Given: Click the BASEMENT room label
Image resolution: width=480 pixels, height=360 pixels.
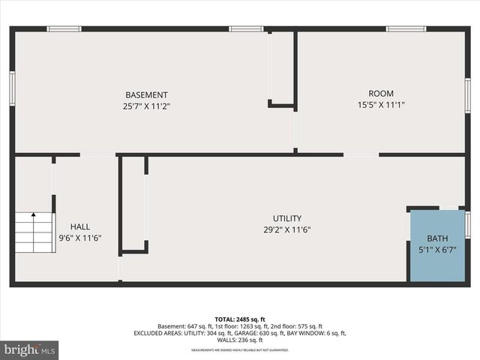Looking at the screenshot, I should (146, 94).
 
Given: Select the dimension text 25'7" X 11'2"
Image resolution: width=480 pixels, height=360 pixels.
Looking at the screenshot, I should (146, 106).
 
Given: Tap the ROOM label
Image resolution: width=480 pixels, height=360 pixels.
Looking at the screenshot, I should (381, 93).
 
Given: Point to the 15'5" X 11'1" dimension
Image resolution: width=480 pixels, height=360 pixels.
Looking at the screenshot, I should (381, 105).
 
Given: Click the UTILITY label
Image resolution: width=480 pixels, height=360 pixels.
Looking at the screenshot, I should (286, 218).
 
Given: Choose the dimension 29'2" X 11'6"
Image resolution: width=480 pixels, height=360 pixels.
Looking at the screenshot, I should (286, 230).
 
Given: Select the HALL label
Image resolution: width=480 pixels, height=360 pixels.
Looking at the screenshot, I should (80, 226).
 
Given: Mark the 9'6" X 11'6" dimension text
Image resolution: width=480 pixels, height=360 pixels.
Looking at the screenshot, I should (80, 238).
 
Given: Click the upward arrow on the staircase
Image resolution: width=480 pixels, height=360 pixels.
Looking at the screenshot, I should (33, 217).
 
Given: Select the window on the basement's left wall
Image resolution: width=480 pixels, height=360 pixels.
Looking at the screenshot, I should (12, 87).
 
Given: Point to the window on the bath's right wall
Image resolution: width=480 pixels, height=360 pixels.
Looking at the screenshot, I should (467, 223).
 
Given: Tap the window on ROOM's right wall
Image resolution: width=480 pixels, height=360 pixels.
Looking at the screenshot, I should (467, 95).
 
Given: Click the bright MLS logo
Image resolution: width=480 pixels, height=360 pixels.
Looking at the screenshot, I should (30, 349).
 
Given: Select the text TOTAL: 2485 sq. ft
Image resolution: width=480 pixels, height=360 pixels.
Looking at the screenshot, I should (239, 319).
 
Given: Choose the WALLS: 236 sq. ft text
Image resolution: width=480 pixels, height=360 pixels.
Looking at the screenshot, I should (240, 340).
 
